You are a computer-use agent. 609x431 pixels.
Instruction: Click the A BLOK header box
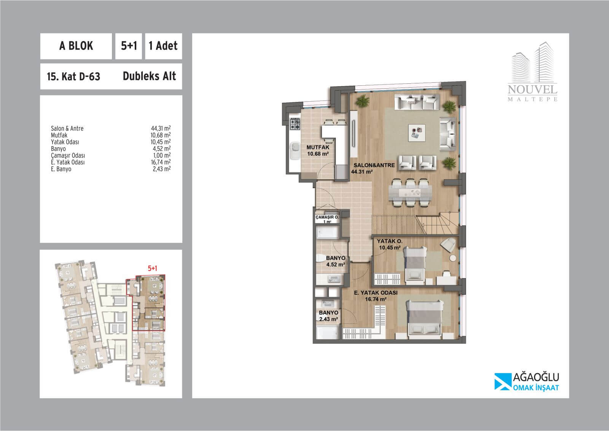coord(76,46)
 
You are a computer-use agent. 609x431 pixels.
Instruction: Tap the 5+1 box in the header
coord(129,46)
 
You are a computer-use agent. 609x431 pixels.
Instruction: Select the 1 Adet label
coord(163,46)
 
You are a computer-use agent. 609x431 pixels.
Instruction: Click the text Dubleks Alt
coord(149,76)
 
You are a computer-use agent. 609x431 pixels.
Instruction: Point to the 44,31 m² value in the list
coord(161,128)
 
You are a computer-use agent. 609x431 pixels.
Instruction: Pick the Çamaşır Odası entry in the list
coord(68,155)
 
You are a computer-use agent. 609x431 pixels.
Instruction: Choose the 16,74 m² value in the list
coord(161,162)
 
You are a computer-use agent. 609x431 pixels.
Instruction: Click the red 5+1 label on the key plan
coord(153,268)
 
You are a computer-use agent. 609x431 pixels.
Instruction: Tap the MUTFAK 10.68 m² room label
coord(318,150)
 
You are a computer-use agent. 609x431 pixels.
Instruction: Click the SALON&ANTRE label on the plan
coord(374,165)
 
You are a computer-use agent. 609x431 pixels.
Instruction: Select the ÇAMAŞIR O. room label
coord(327,217)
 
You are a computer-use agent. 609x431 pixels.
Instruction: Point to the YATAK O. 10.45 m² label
coord(390,244)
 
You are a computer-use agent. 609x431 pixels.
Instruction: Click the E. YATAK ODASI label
coord(376,293)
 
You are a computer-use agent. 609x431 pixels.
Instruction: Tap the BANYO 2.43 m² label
coord(329,316)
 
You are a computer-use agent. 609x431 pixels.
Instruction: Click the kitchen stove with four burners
coord(295,124)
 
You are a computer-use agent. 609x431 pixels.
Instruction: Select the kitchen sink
coord(295,151)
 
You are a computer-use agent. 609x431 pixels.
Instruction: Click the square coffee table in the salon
coord(416,133)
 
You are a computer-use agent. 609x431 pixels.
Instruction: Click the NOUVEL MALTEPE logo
coord(532,72)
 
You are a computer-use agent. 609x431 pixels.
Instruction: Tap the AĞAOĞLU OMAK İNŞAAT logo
coord(527,382)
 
